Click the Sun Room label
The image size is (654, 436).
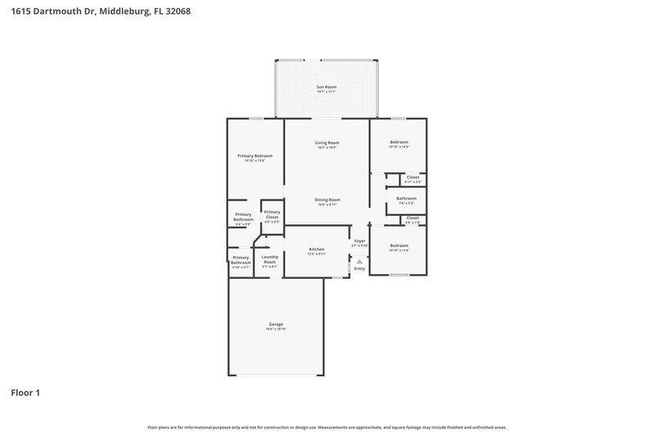326,87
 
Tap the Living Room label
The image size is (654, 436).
327,143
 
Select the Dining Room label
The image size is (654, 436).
328,200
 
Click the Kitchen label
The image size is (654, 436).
316,249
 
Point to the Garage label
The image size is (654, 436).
275,324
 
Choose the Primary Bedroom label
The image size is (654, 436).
255,155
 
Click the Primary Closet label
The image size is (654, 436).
271,214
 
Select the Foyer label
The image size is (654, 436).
360,241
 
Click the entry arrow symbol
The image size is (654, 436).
360,261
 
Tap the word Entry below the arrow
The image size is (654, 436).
360,268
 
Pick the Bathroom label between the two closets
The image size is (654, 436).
406,198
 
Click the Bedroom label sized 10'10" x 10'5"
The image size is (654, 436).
399,142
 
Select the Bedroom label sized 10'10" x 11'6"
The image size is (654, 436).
399,245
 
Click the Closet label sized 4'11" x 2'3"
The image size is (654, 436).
413,177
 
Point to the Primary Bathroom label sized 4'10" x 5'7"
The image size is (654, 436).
241,260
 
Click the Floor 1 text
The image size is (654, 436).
25,393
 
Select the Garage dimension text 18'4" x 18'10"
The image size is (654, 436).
275,328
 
